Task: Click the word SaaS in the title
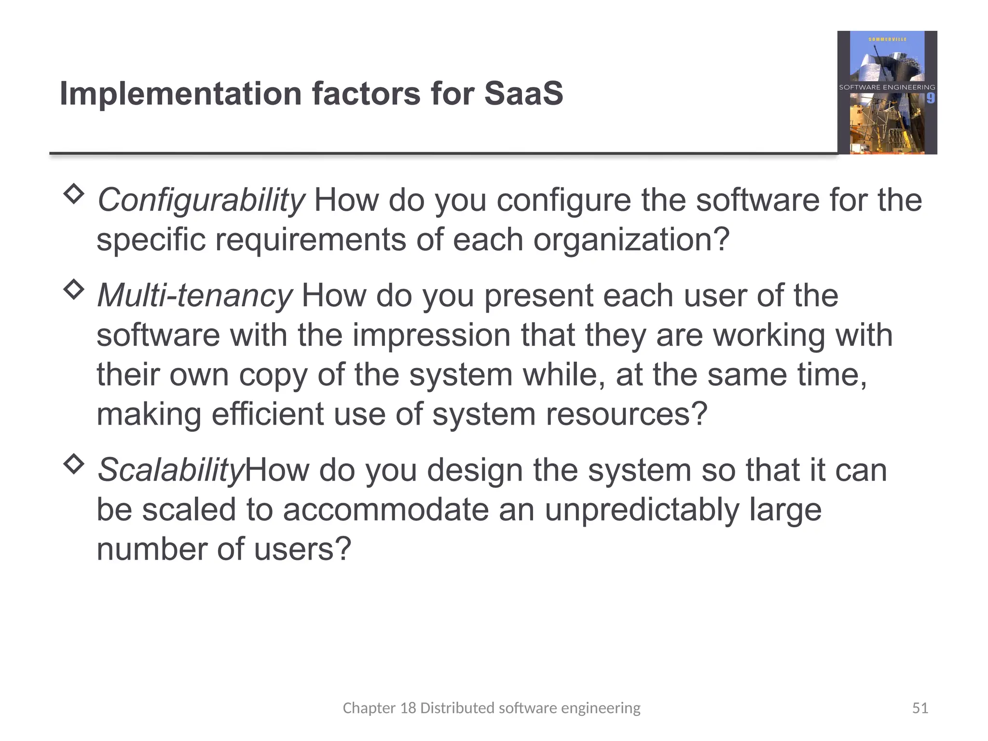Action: [523, 93]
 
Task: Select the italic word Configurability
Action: [201, 200]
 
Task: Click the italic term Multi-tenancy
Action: [194, 295]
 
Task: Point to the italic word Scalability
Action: [171, 470]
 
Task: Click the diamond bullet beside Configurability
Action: [74, 193]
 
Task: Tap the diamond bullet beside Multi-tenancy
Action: [74, 289]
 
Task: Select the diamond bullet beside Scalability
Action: [74, 464]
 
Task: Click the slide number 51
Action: [920, 708]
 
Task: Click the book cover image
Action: [887, 93]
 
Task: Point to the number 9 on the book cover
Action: [930, 98]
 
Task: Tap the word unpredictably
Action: [642, 510]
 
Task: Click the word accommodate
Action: [385, 510]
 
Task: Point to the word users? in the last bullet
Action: [302, 549]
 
